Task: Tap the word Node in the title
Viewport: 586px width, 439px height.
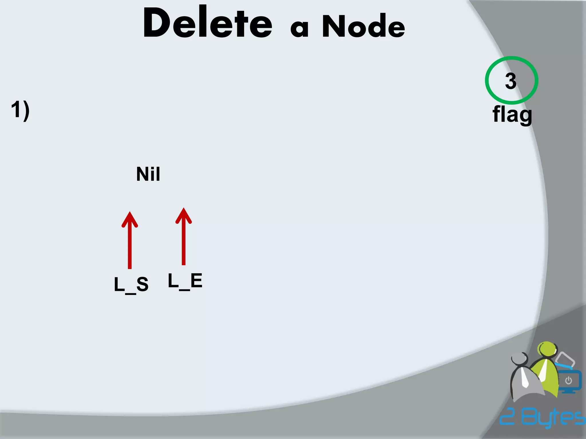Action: coord(363,26)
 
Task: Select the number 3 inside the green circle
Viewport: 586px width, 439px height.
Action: coord(511,81)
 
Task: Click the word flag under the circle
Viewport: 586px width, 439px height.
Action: coord(512,114)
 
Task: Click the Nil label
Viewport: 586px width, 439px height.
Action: coord(148,174)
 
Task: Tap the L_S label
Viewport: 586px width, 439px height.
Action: coord(131,285)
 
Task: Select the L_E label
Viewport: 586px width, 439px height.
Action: coord(185,281)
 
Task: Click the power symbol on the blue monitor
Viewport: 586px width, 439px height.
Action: coord(569,381)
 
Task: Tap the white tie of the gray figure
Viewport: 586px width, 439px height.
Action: coord(524,377)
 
